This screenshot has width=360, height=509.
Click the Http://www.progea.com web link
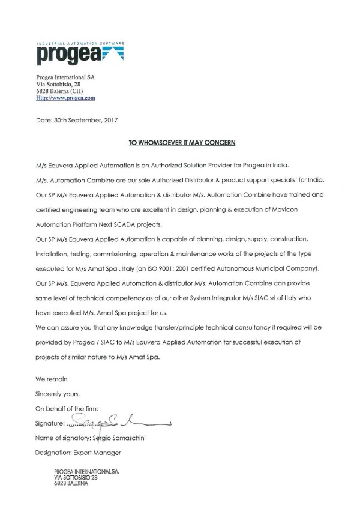[66, 97]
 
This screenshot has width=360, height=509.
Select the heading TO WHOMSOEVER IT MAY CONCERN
[182, 143]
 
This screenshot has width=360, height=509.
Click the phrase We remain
[52, 379]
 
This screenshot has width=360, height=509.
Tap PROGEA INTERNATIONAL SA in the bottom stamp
[86, 471]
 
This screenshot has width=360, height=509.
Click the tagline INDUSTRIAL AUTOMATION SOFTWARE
[80, 44]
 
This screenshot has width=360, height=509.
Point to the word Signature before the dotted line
[50, 424]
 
